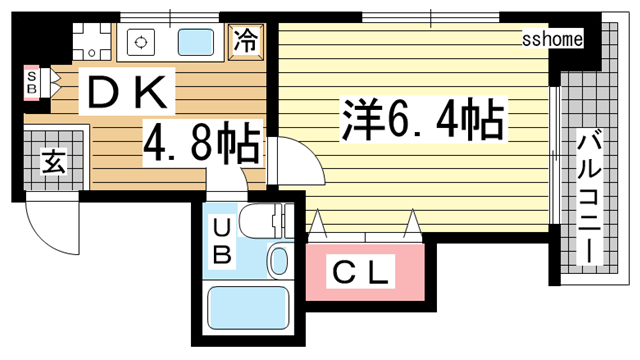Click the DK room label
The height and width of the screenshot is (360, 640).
coord(127,91)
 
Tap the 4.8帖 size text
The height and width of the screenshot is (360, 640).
coord(201,143)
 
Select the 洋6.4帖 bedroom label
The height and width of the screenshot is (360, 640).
coord(423,119)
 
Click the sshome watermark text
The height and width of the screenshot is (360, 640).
coord(552,40)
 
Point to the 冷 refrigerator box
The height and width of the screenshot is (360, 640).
coord(245,41)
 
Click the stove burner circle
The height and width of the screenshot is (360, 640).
coord(141,42)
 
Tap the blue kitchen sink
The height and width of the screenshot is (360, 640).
coord(196,42)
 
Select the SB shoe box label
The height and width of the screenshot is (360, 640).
coord(32,82)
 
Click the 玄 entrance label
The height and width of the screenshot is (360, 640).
coord(53,161)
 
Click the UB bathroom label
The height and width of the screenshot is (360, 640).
coord(222,242)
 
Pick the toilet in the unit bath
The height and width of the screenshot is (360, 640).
coord(265,221)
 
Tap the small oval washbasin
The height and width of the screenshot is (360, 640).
coord(279,261)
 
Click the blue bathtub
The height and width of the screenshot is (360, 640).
coord(248,308)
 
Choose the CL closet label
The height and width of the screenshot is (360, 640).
coord(360,272)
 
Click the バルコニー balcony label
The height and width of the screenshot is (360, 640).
coord(589,197)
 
